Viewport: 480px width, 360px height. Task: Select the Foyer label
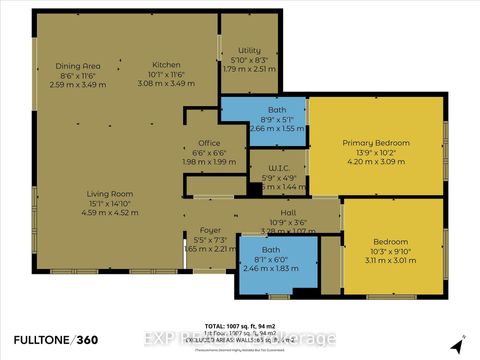(x=210, y=230)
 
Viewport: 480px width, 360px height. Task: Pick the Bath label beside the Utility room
(x=277, y=111)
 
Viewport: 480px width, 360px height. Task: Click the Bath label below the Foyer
(x=271, y=249)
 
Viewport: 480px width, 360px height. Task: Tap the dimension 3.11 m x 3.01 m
(x=390, y=260)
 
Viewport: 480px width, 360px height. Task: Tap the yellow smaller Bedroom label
(x=390, y=241)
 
